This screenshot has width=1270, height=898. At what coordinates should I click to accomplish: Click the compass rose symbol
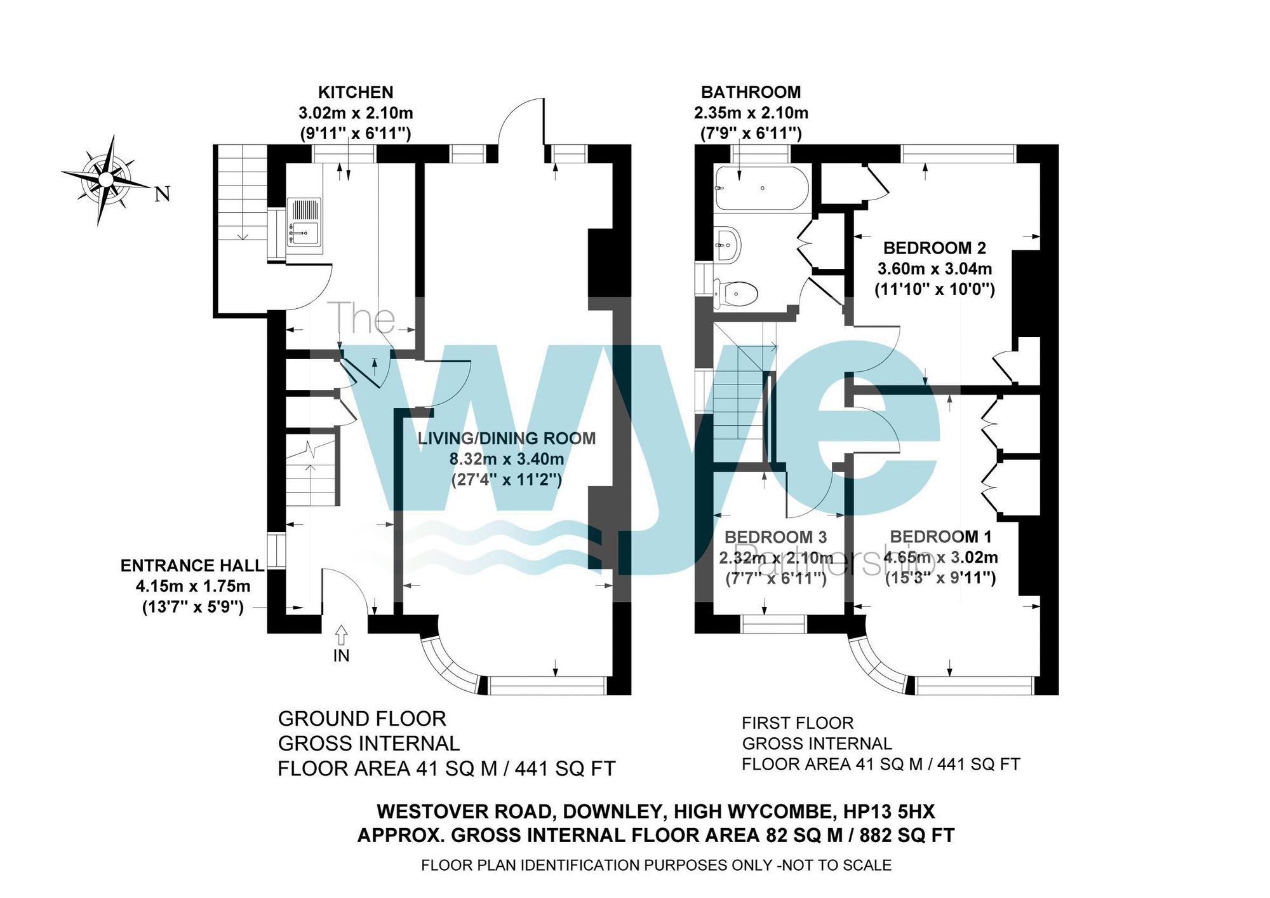(x=105, y=180)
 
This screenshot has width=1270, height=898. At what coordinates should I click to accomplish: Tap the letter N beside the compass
(x=163, y=194)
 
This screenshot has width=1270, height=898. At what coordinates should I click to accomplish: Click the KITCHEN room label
(x=356, y=93)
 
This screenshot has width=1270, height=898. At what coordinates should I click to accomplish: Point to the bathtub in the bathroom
(x=761, y=187)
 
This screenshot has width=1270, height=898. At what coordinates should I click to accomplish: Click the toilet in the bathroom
(x=737, y=294)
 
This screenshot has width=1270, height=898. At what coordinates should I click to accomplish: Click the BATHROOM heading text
(x=751, y=93)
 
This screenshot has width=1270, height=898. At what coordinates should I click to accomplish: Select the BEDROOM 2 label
(x=935, y=248)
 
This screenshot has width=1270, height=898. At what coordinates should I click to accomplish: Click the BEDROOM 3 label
(x=775, y=538)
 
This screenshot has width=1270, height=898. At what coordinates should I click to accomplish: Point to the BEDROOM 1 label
(x=940, y=537)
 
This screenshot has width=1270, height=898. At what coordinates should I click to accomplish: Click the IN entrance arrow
(x=341, y=635)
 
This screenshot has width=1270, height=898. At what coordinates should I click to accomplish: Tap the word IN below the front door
(x=341, y=656)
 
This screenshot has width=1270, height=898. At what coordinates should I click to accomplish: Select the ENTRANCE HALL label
(x=192, y=566)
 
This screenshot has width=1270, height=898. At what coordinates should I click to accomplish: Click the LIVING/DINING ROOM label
(x=506, y=439)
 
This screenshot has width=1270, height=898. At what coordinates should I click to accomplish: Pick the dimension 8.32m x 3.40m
(x=506, y=459)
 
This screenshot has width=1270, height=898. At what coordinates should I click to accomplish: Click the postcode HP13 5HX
(x=888, y=812)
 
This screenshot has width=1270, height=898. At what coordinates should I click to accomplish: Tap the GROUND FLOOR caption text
(x=362, y=719)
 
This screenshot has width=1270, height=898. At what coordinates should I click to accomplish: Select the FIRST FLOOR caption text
(x=798, y=723)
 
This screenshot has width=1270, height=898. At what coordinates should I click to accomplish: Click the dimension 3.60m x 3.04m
(x=934, y=269)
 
